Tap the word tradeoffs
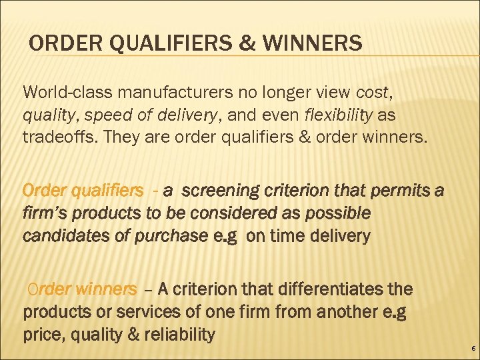tap(56, 137)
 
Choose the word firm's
tap(45, 213)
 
